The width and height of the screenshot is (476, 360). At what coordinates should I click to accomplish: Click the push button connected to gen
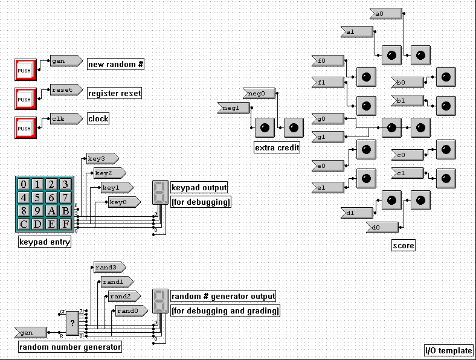tap(24, 70)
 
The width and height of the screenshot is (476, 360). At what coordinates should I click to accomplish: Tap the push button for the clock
tap(24, 128)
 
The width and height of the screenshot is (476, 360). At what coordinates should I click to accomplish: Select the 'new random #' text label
tap(116, 64)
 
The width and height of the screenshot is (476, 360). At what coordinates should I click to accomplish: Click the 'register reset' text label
tap(115, 94)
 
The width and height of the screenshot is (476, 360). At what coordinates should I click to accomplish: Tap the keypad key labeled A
tap(51, 211)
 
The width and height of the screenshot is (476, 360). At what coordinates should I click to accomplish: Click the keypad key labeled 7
tap(65, 198)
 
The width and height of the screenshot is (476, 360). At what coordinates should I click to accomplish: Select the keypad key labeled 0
tap(24, 184)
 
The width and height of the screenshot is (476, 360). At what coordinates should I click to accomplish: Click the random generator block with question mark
tap(72, 323)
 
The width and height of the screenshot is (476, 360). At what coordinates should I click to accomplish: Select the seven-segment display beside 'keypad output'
tap(160, 193)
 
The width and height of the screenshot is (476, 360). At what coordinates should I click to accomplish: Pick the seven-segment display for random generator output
tap(160, 301)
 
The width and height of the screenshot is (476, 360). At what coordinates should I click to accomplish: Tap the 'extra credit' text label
tap(277, 147)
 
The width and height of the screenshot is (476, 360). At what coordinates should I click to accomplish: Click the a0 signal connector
tap(384, 13)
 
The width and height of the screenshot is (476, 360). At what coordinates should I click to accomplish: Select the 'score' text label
tap(403, 245)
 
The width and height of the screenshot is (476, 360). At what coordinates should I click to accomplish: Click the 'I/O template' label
tap(448, 350)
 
